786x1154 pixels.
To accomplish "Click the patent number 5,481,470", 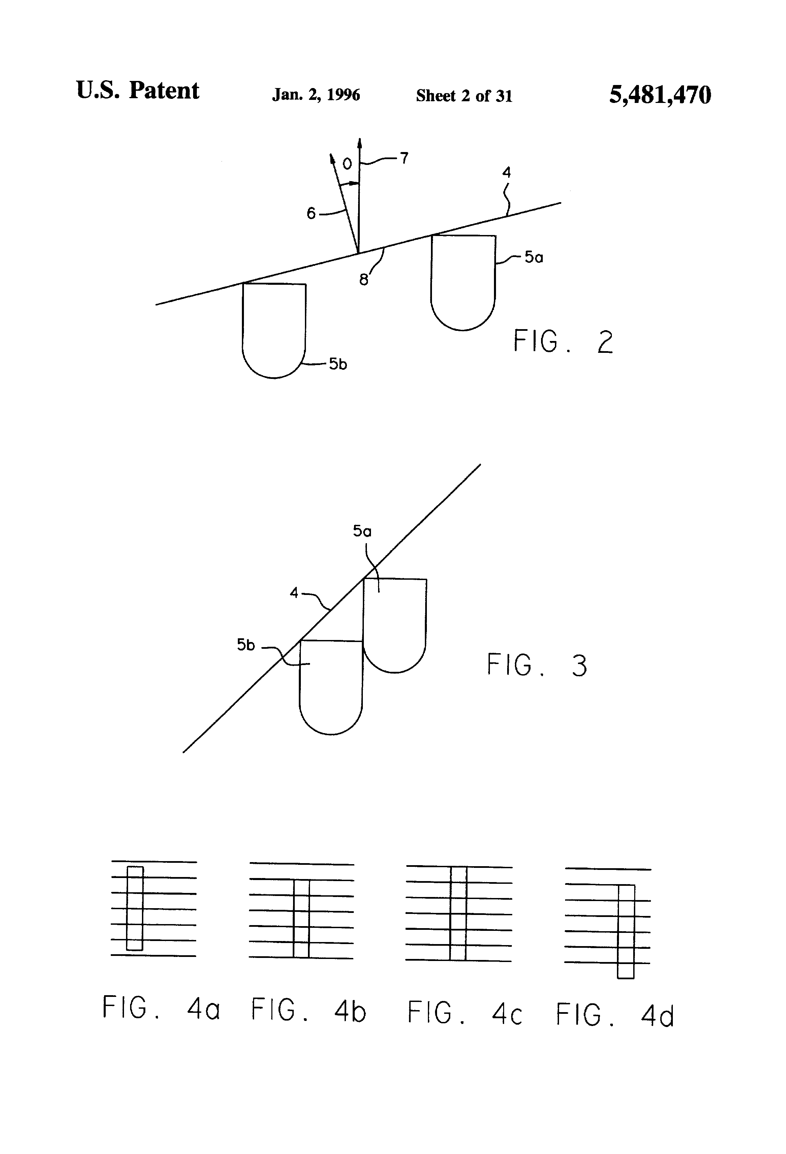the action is [x=660, y=94].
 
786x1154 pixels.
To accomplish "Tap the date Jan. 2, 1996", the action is [x=316, y=94].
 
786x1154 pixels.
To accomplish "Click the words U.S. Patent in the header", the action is [x=138, y=90].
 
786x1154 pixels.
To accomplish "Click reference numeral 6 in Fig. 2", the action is [x=311, y=214].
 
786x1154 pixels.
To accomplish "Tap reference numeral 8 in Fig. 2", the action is [x=364, y=280].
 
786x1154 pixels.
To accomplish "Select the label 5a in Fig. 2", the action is [x=534, y=257].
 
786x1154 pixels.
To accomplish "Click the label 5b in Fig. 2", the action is [x=338, y=364].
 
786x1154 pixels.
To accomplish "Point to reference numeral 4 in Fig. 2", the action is [x=506, y=172].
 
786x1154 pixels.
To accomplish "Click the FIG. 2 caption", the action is [x=563, y=342].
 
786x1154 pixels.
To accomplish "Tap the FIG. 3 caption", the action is [x=537, y=665].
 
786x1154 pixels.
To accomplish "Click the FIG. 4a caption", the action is [x=161, y=1008].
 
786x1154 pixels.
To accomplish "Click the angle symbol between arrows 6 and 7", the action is [x=347, y=164].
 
